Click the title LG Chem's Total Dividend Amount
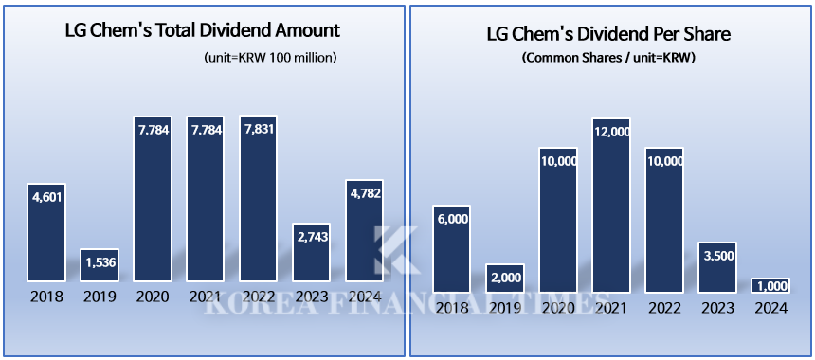[x=202, y=30]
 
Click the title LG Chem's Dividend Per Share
[x=608, y=36]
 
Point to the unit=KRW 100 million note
[x=270, y=58]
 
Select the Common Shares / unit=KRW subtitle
[x=607, y=57]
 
